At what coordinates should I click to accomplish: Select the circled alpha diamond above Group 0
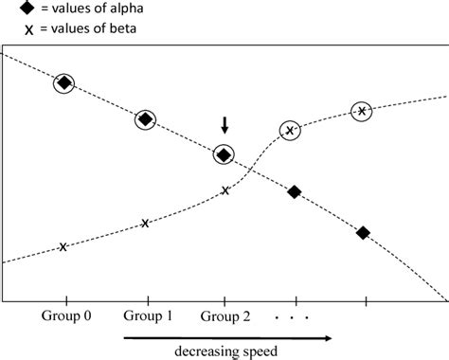[63, 83]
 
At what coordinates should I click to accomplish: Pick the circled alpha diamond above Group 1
[145, 119]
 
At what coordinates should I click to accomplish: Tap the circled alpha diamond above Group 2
[224, 153]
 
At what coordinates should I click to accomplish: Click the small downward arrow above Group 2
[224, 124]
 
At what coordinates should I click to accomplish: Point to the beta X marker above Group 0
[63, 247]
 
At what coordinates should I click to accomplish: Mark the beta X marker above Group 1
[145, 224]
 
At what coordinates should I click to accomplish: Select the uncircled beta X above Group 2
[225, 190]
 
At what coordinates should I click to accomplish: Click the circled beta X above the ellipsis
[292, 130]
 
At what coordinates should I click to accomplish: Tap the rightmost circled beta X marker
[362, 112]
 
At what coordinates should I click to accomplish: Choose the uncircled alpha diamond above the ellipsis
[294, 192]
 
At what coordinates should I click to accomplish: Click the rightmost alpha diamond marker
[363, 232]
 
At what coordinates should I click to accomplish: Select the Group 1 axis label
[148, 316]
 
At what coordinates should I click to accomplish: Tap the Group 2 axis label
[225, 316]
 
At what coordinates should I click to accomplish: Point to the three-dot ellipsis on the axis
[293, 318]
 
